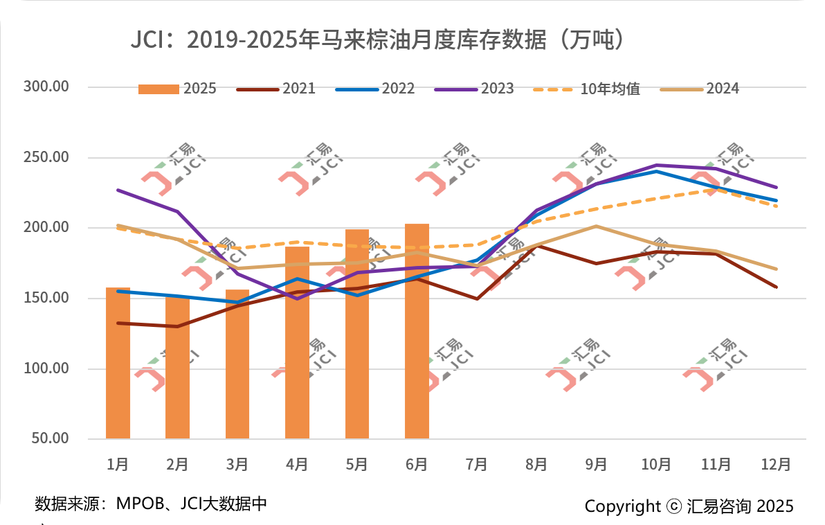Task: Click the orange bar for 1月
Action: [118, 363]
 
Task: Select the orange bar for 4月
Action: [297, 342]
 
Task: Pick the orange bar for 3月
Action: [237, 364]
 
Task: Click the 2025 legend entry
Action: [178, 89]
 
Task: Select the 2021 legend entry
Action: [276, 89]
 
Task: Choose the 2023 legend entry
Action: [475, 89]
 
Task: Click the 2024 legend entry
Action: [700, 89]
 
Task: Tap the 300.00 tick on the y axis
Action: [46, 87]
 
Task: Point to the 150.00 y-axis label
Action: [46, 298]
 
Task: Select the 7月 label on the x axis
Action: [477, 464]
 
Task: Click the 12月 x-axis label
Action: [776, 464]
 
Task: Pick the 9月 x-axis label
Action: [597, 464]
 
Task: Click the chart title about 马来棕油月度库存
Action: [381, 39]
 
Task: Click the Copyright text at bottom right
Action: [689, 506]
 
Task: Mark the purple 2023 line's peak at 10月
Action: [656, 166]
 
